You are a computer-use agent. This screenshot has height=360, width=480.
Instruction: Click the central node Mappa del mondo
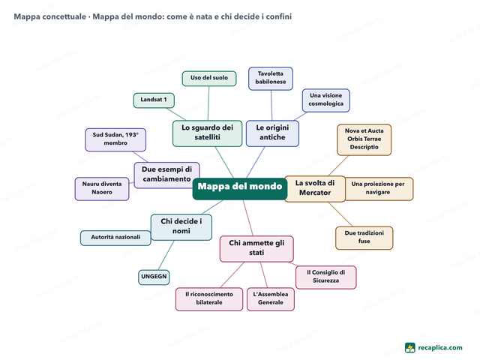coord(240,189)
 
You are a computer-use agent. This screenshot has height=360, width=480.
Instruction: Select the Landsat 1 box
coord(154,100)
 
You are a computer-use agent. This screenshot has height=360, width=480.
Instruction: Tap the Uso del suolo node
coord(209,78)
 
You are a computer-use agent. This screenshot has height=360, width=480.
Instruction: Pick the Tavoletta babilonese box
coord(271,78)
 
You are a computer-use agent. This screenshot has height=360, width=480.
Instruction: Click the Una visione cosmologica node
coord(325,100)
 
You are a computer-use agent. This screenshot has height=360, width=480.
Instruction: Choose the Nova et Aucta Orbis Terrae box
coord(364,139)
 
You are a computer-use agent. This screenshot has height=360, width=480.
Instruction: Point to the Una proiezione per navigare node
coord(379,188)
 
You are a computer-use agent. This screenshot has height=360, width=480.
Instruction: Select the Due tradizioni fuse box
coord(364,238)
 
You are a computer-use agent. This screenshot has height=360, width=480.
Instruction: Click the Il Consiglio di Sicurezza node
coord(325,277)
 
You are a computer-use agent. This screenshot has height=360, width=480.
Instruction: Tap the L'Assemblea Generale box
coord(271,299)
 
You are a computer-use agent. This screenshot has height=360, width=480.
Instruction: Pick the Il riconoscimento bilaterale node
coord(209,299)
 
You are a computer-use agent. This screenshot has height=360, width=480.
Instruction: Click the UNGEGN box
coord(154,277)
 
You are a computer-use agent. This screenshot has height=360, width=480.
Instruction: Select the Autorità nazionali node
coord(115,238)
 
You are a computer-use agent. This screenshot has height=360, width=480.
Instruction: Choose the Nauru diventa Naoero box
coord(102,188)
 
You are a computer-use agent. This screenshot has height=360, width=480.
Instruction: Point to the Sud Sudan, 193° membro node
coord(115,139)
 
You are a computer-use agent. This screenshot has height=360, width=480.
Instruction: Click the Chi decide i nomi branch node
coord(181,227)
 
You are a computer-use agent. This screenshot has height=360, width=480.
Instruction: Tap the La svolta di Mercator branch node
coord(315,188)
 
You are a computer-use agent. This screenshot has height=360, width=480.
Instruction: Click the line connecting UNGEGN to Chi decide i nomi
coord(166,255)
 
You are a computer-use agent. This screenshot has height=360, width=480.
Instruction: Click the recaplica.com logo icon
coord(410,348)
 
